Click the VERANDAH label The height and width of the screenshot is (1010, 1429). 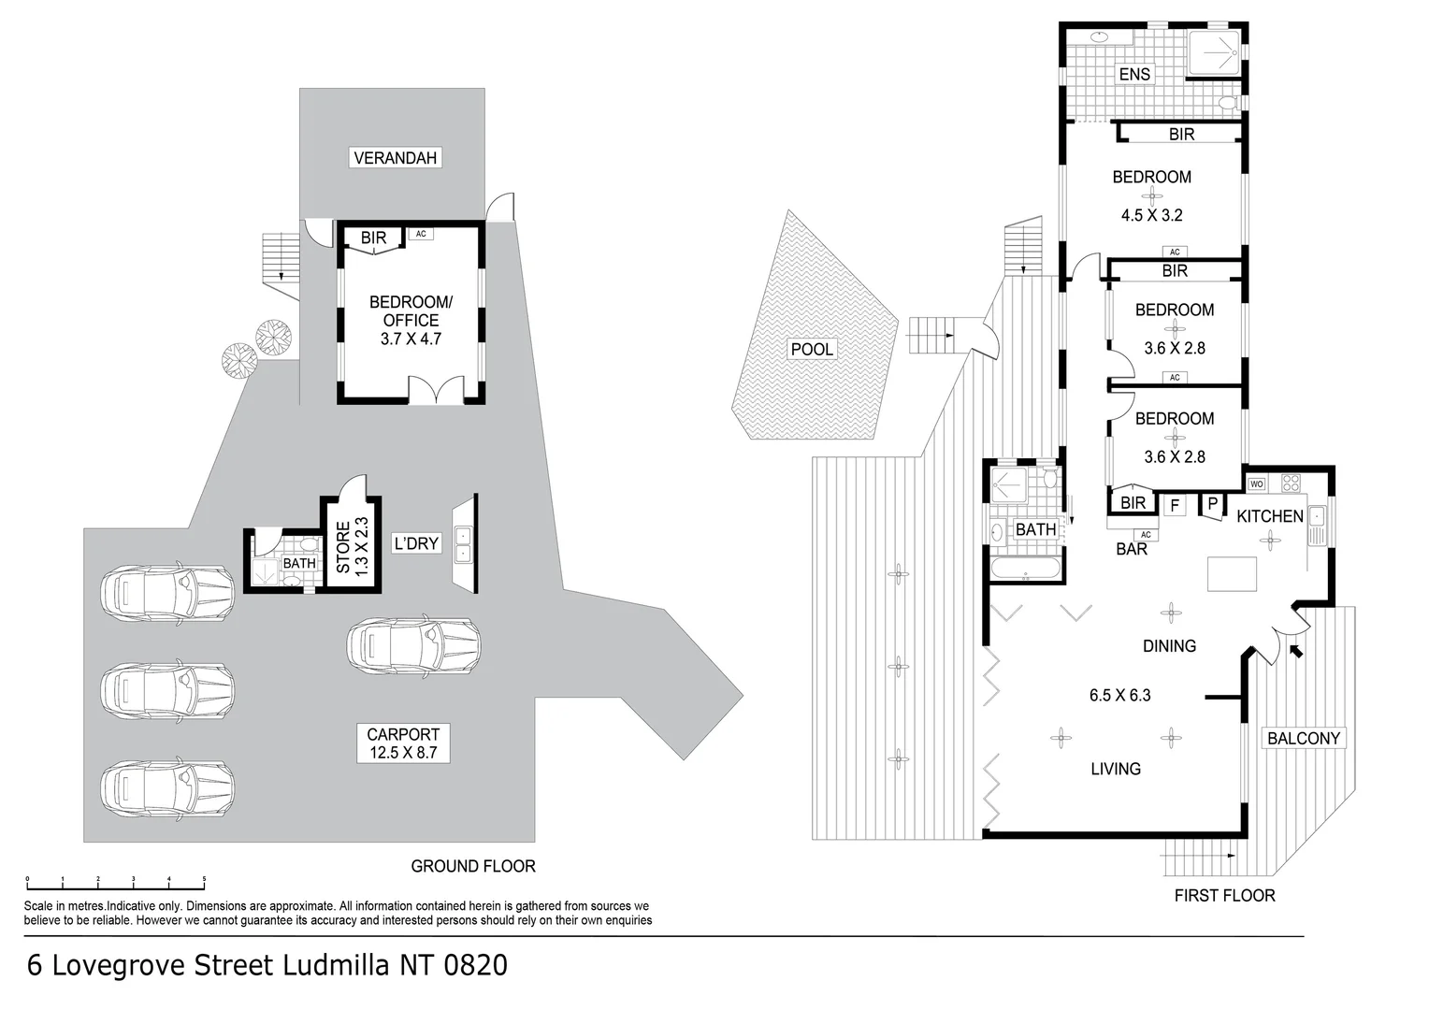click(x=396, y=158)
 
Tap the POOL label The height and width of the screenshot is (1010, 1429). click(x=812, y=350)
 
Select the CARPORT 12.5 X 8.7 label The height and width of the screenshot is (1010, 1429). click(x=403, y=743)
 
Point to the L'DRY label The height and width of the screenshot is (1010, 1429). click(x=416, y=543)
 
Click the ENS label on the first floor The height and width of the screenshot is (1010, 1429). click(x=1134, y=74)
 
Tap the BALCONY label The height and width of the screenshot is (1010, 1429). click(x=1304, y=738)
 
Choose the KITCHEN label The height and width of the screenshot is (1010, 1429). click(x=1269, y=516)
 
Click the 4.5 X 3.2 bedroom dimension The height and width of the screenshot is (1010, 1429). click(x=1152, y=215)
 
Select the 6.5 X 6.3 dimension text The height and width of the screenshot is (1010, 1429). click(x=1119, y=695)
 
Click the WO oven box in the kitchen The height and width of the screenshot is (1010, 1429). click(x=1256, y=483)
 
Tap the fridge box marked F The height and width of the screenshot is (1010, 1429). click(x=1175, y=506)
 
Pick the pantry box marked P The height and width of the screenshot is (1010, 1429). click(x=1212, y=504)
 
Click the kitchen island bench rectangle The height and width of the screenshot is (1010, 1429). click(x=1232, y=573)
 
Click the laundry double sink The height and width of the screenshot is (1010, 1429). click(x=464, y=544)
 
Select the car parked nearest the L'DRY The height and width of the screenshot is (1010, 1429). click(x=413, y=645)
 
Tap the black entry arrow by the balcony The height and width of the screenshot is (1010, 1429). click(x=1295, y=650)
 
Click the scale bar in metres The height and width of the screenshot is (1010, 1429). click(x=116, y=882)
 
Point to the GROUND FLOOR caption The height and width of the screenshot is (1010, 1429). click(x=473, y=866)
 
